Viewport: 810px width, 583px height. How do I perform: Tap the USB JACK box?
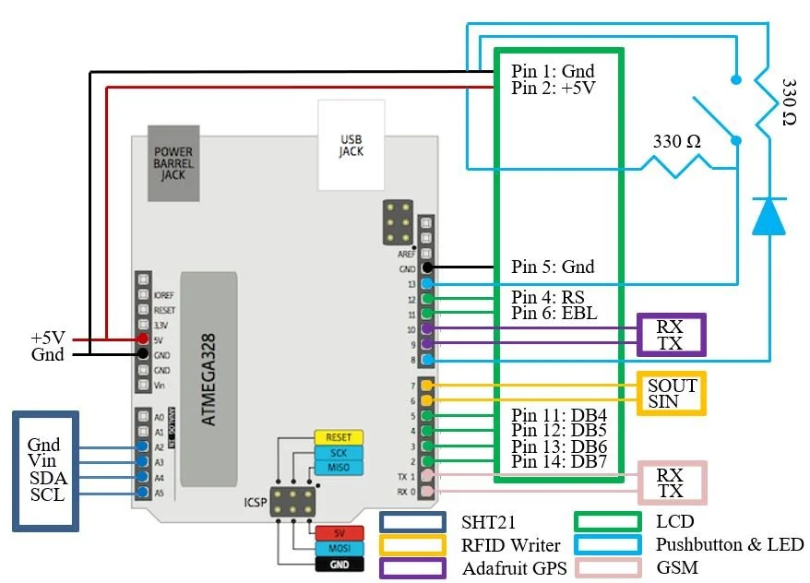pyautogui.click(x=351, y=143)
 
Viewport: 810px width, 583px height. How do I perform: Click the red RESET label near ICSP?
pyautogui.click(x=338, y=437)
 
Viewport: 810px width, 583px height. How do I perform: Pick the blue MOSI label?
pyautogui.click(x=339, y=549)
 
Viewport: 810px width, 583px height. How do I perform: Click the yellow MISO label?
pyautogui.click(x=338, y=469)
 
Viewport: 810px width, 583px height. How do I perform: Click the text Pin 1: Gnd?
pyautogui.click(x=553, y=71)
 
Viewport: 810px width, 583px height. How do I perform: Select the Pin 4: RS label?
pyautogui.click(x=549, y=297)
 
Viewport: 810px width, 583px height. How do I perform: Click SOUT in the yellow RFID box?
pyautogui.click(x=672, y=385)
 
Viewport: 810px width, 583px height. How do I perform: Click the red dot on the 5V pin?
pyautogui.click(x=143, y=339)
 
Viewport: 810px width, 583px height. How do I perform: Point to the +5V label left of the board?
pyautogui.click(x=49, y=339)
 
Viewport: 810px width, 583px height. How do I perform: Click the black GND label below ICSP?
pyautogui.click(x=339, y=564)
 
